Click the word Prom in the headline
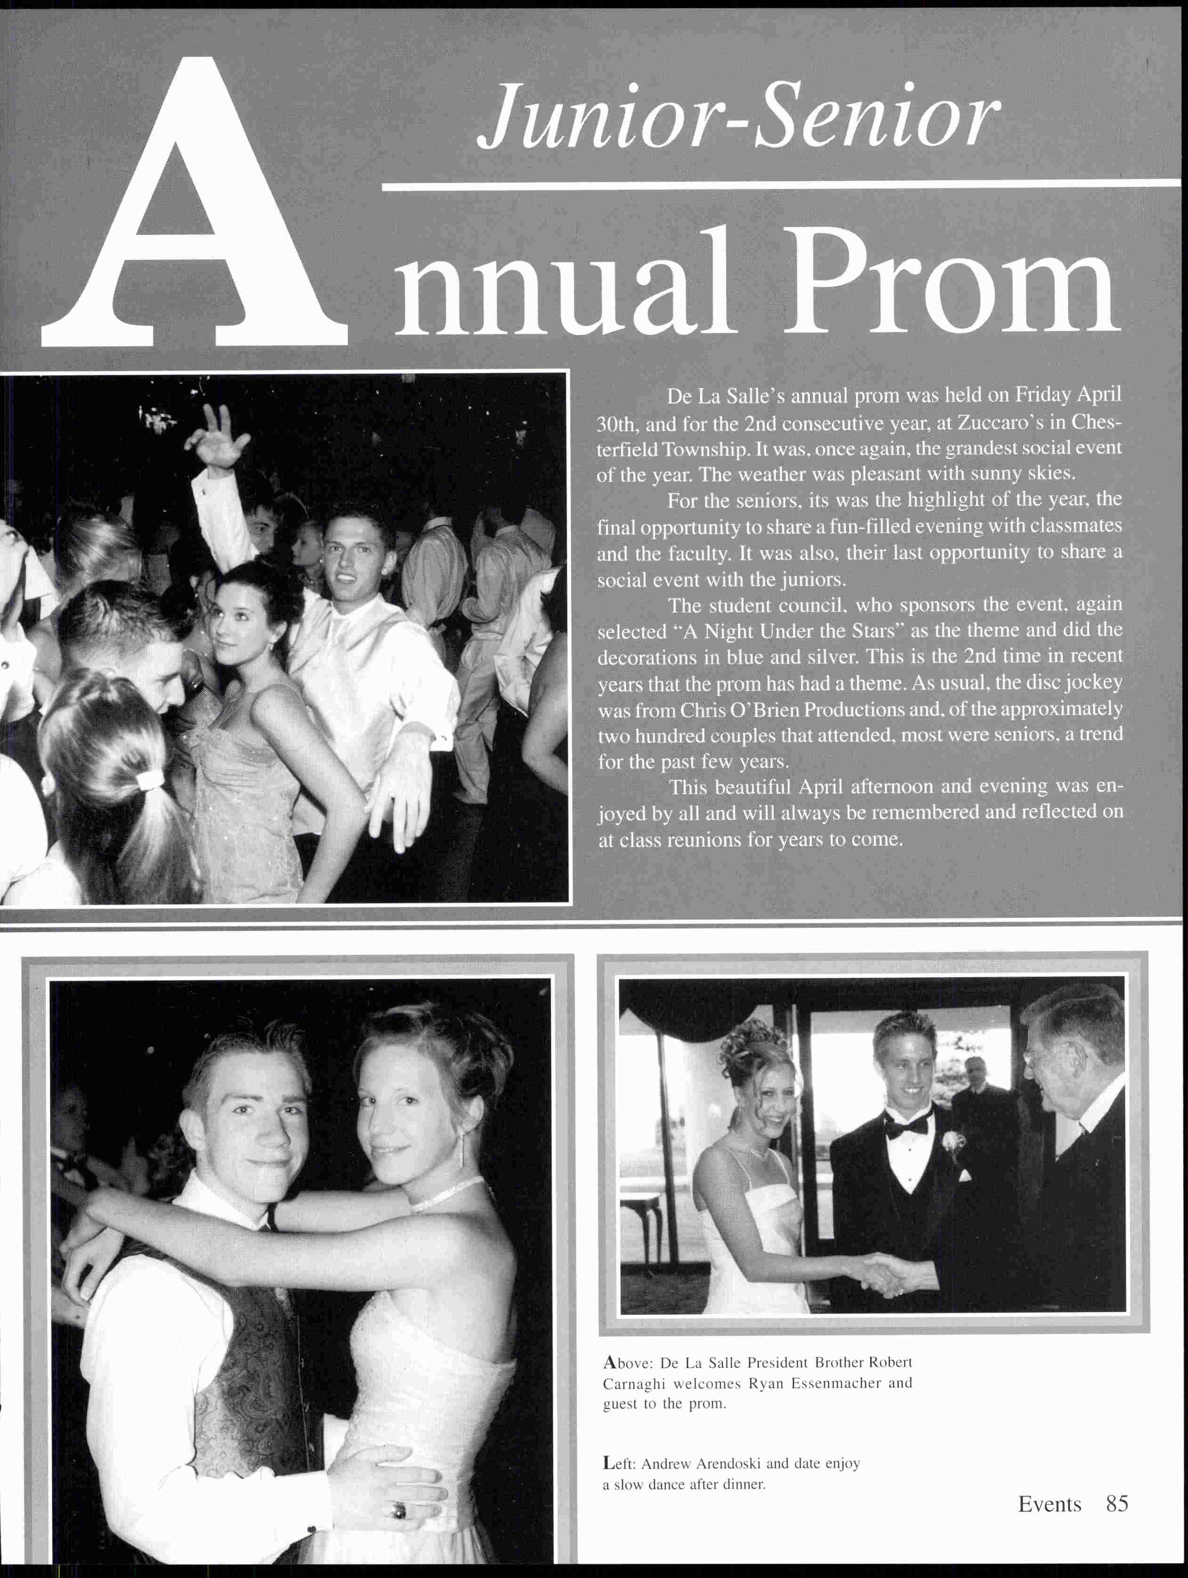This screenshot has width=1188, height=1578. click(948, 285)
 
